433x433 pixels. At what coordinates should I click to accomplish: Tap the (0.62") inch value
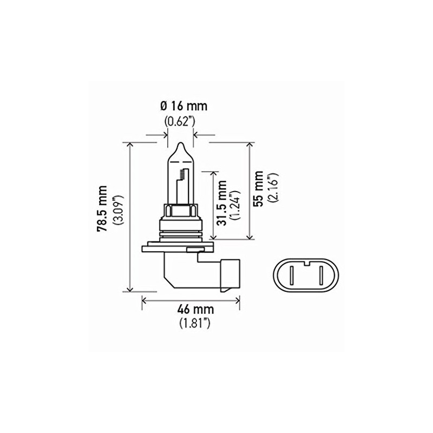[x=180, y=121]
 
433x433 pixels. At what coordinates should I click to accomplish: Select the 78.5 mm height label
[x=102, y=216]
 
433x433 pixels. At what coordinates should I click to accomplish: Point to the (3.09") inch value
[x=117, y=216]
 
